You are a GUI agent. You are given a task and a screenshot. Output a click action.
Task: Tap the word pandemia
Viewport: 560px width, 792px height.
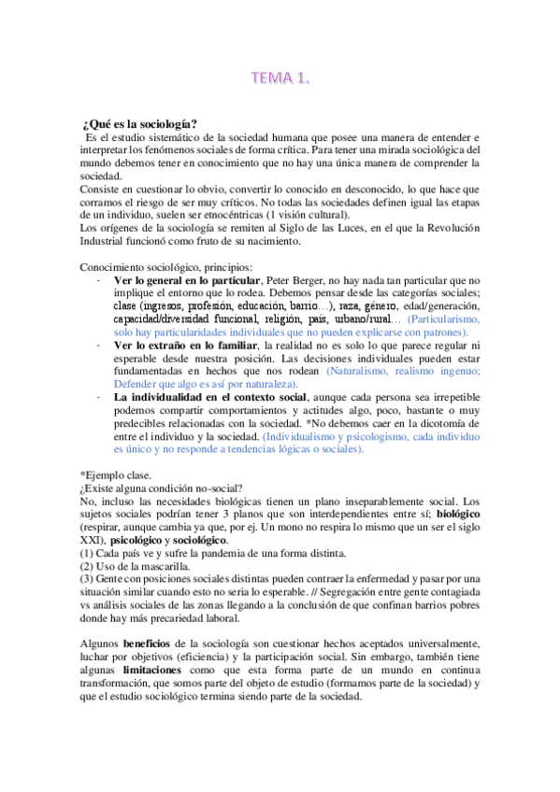(x=223, y=553)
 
